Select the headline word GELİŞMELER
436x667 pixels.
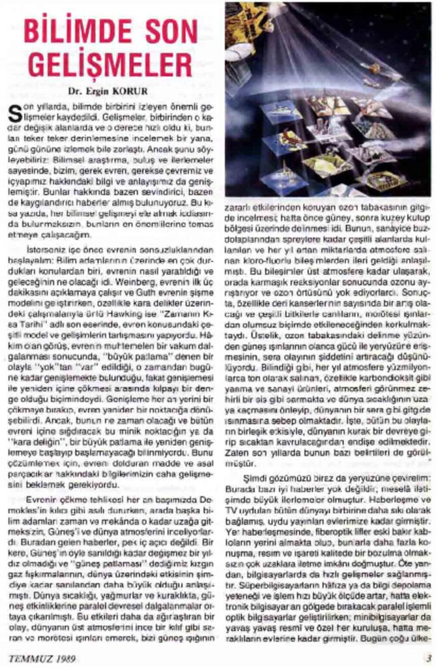[107, 66]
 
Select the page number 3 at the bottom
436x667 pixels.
[428, 657]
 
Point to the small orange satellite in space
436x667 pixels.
[375, 68]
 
